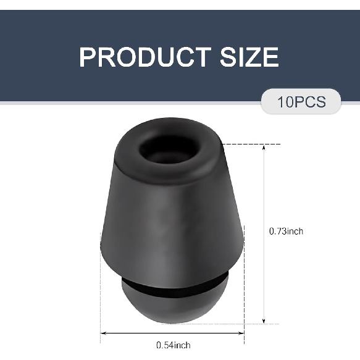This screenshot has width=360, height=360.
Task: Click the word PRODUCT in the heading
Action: [x=145, y=57]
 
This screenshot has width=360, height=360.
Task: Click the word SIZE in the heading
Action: [x=249, y=57]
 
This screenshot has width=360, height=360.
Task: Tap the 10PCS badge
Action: [x=301, y=101]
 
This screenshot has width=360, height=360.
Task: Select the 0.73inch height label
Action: [x=286, y=231]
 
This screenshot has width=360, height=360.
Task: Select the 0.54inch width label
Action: [x=174, y=345]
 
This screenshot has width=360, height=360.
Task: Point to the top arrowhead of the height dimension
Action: [x=264, y=148]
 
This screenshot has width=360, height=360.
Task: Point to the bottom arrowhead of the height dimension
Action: [x=264, y=320]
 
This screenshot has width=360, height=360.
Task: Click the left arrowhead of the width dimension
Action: [x=104, y=333]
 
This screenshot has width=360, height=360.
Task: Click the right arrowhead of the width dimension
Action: [x=241, y=333]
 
